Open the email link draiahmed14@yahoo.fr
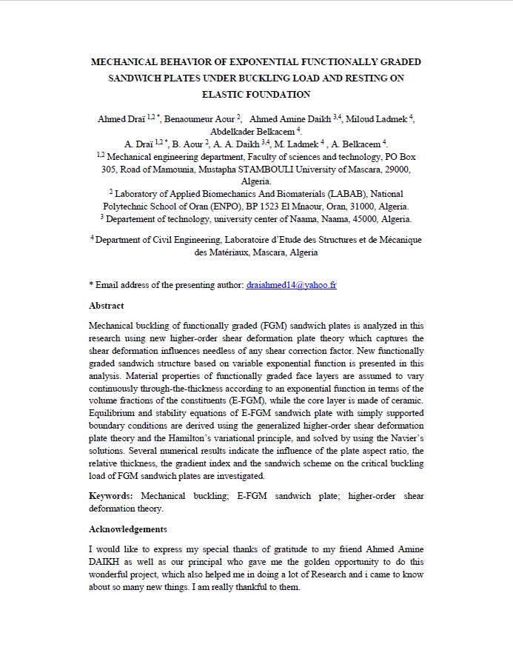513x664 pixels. [291, 284]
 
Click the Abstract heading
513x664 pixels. [107, 305]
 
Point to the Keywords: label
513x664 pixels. [111, 495]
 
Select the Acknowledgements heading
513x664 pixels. [128, 529]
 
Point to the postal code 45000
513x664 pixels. [357, 219]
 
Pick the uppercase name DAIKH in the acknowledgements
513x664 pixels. [107, 561]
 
